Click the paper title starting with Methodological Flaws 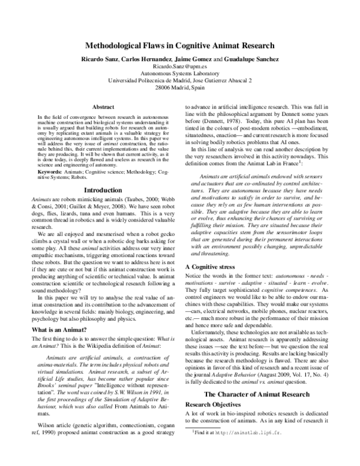tap(180, 44)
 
